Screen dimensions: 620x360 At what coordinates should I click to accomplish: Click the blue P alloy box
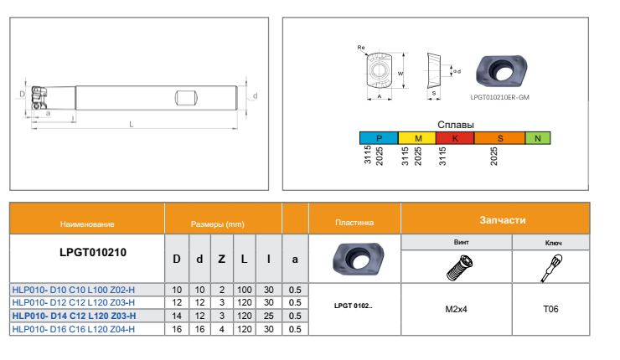[x=379, y=138]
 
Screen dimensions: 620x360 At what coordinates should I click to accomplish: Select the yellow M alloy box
[x=416, y=138]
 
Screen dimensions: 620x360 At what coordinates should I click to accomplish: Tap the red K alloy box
[x=455, y=138]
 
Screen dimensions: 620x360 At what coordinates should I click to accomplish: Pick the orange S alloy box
[x=500, y=138]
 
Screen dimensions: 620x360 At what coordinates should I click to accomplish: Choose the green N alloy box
[x=538, y=138]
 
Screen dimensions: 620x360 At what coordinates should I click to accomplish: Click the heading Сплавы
[x=456, y=125]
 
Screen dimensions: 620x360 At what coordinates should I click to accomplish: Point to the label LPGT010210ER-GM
[x=499, y=97]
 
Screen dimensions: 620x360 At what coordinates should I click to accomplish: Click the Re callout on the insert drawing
[x=361, y=48]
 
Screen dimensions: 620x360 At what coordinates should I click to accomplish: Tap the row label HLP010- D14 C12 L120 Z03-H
[x=74, y=316]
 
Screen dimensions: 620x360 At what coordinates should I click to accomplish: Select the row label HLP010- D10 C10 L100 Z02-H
[x=74, y=290]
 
